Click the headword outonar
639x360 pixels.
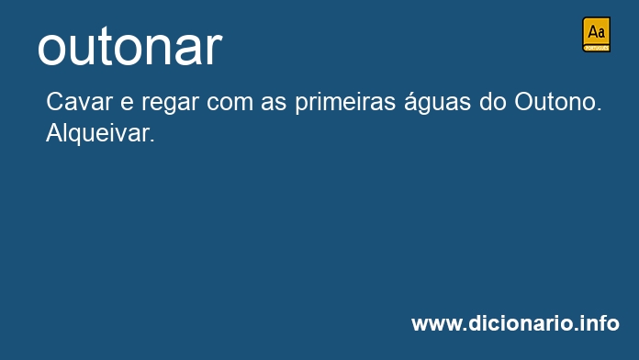130,47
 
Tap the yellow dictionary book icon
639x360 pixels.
596,34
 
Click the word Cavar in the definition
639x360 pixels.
79,102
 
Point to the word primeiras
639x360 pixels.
345,102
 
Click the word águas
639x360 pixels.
438,102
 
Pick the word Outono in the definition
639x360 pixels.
555,102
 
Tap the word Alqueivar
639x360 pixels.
98,133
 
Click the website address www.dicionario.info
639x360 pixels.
516,323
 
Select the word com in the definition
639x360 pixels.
230,104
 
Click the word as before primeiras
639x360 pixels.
274,104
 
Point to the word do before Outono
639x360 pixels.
493,102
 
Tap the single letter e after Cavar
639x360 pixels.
127,104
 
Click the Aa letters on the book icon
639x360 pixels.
596,31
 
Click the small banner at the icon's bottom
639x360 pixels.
596,48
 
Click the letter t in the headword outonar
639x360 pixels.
106,48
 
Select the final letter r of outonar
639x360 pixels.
214,51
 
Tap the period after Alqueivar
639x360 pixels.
152,141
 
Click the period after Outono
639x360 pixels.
599,109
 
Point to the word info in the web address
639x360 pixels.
601,323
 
